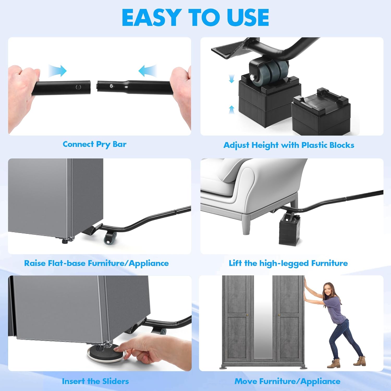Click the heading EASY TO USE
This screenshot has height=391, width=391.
point(195,17)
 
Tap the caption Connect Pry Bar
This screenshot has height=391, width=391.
point(95,144)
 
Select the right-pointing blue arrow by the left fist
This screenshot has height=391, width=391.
point(58,71)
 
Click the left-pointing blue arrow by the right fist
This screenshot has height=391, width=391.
point(147,71)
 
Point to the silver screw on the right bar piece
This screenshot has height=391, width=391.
point(111,85)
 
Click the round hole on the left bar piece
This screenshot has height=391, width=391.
point(78,87)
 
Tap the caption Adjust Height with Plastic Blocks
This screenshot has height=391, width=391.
point(289,145)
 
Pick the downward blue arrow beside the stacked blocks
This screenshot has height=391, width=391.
point(231,79)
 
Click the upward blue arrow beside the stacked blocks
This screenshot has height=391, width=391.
point(231,109)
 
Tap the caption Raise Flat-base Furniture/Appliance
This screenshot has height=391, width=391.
point(96,263)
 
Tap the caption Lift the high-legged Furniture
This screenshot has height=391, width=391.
point(288,263)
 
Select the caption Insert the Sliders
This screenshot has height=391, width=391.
point(95,381)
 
